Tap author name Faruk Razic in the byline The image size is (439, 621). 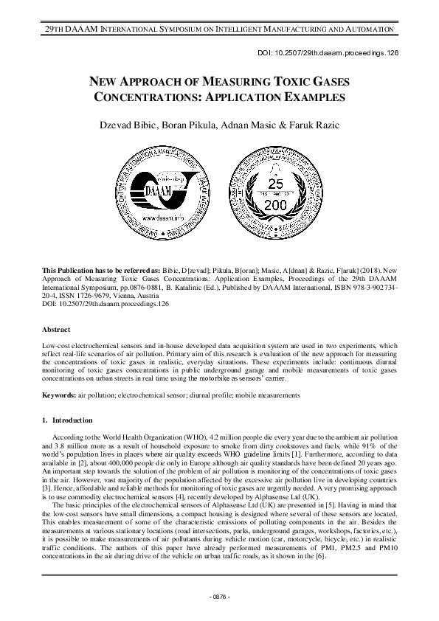pos(314,125)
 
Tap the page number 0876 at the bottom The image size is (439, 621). pos(219,596)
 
